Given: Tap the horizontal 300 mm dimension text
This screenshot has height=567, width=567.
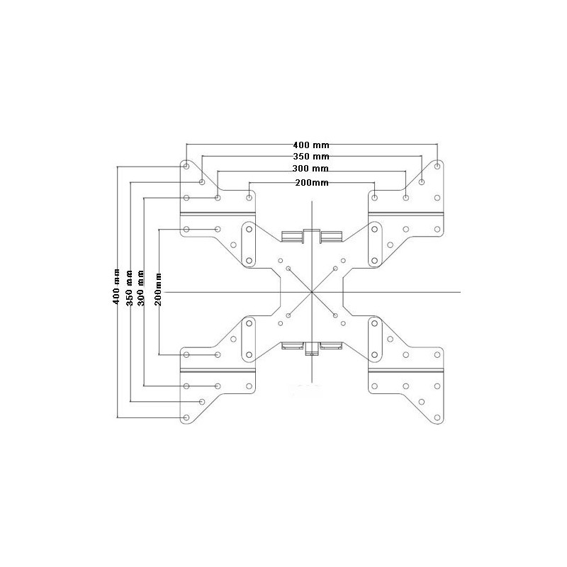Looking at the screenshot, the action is (310, 169).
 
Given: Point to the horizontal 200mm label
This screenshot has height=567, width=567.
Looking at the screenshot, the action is (311, 183).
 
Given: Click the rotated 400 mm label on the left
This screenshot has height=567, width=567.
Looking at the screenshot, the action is (117, 286).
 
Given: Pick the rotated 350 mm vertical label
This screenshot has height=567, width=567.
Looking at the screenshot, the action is (130, 286).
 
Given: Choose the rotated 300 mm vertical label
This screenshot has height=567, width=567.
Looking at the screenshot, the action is (142, 287).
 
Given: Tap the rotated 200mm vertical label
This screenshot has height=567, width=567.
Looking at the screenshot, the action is (159, 289).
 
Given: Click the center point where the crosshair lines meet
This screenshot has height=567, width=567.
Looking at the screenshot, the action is (311, 292).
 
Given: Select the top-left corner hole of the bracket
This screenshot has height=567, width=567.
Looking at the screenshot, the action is (186, 166).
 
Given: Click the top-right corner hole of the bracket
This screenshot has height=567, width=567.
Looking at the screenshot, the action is (437, 166).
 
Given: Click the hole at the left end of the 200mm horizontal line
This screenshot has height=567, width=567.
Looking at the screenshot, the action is (249, 197).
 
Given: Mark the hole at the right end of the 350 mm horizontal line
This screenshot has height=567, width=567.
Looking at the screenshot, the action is (422, 182).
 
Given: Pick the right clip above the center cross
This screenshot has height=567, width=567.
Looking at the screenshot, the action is (330, 235).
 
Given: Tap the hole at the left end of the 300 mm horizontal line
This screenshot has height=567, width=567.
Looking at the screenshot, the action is (218, 197).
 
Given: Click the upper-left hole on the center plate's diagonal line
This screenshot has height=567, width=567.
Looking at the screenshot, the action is (288, 269).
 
